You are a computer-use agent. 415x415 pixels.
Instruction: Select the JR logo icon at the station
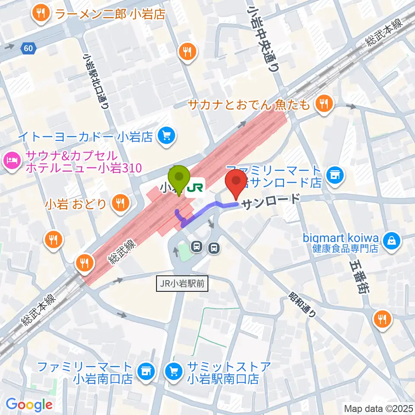click(x=196, y=187)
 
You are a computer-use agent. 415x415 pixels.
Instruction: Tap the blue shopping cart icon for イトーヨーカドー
click(x=166, y=137)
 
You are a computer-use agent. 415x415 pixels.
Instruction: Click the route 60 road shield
click(x=28, y=49)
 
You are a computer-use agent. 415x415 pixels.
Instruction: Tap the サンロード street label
click(x=270, y=202)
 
